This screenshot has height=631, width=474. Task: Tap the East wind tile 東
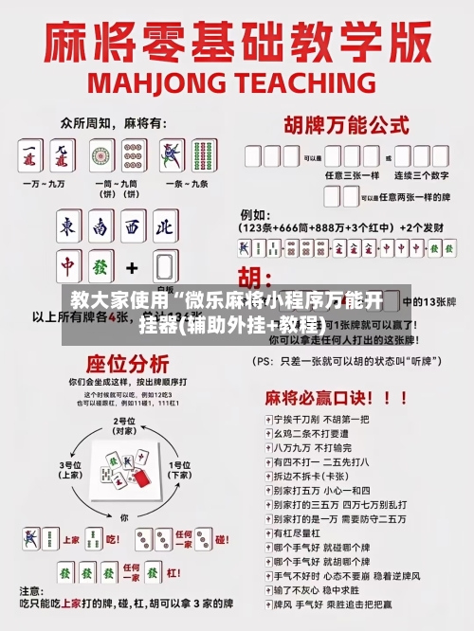(68, 226)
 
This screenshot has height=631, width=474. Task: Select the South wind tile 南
(100, 226)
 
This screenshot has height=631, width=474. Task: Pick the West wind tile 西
(132, 226)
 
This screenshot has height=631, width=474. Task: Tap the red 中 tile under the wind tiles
(68, 267)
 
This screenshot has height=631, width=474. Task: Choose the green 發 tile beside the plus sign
(100, 267)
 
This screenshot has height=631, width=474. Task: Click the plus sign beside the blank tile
(133, 267)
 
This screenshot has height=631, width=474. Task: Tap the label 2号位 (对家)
(124, 424)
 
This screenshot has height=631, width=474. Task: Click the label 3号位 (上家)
(71, 470)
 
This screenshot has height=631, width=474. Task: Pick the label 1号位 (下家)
(178, 470)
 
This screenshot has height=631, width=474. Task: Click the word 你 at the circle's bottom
(124, 517)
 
